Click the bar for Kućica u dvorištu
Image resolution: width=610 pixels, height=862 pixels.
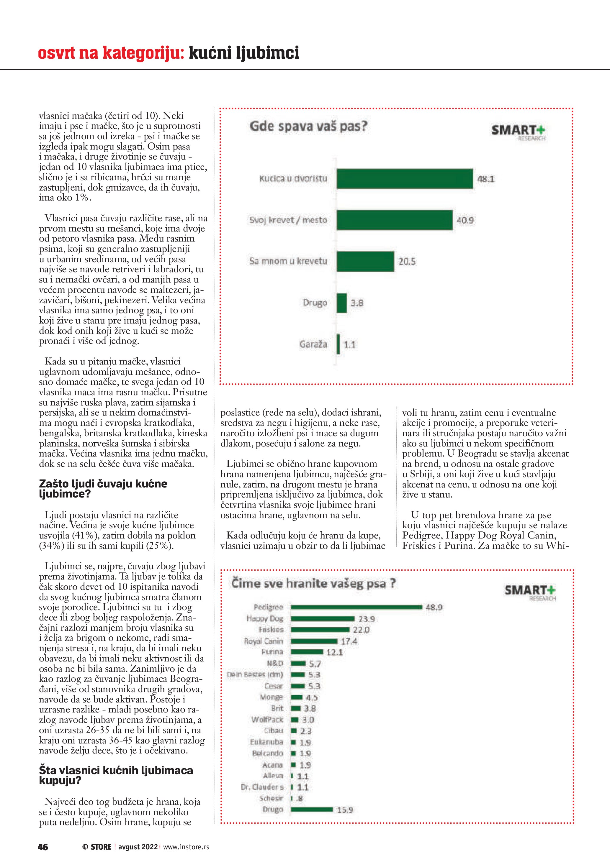click(405, 179)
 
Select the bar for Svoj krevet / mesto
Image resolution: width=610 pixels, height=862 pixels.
click(394, 220)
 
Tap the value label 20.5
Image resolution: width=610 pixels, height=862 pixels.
click(407, 262)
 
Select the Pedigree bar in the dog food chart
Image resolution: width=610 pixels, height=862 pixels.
click(356, 607)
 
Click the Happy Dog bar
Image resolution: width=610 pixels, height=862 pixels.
click(322, 618)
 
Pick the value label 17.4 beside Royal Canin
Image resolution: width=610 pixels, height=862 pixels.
click(349, 641)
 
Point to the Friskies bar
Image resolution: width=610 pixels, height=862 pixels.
click(320, 630)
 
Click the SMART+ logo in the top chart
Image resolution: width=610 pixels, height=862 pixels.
click(518, 132)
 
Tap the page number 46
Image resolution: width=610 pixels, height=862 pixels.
click(43, 847)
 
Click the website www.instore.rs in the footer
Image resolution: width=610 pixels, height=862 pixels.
click(186, 847)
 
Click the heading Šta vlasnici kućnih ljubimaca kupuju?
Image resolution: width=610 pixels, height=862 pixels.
click(116, 775)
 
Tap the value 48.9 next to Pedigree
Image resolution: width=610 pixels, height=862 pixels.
click(434, 607)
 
